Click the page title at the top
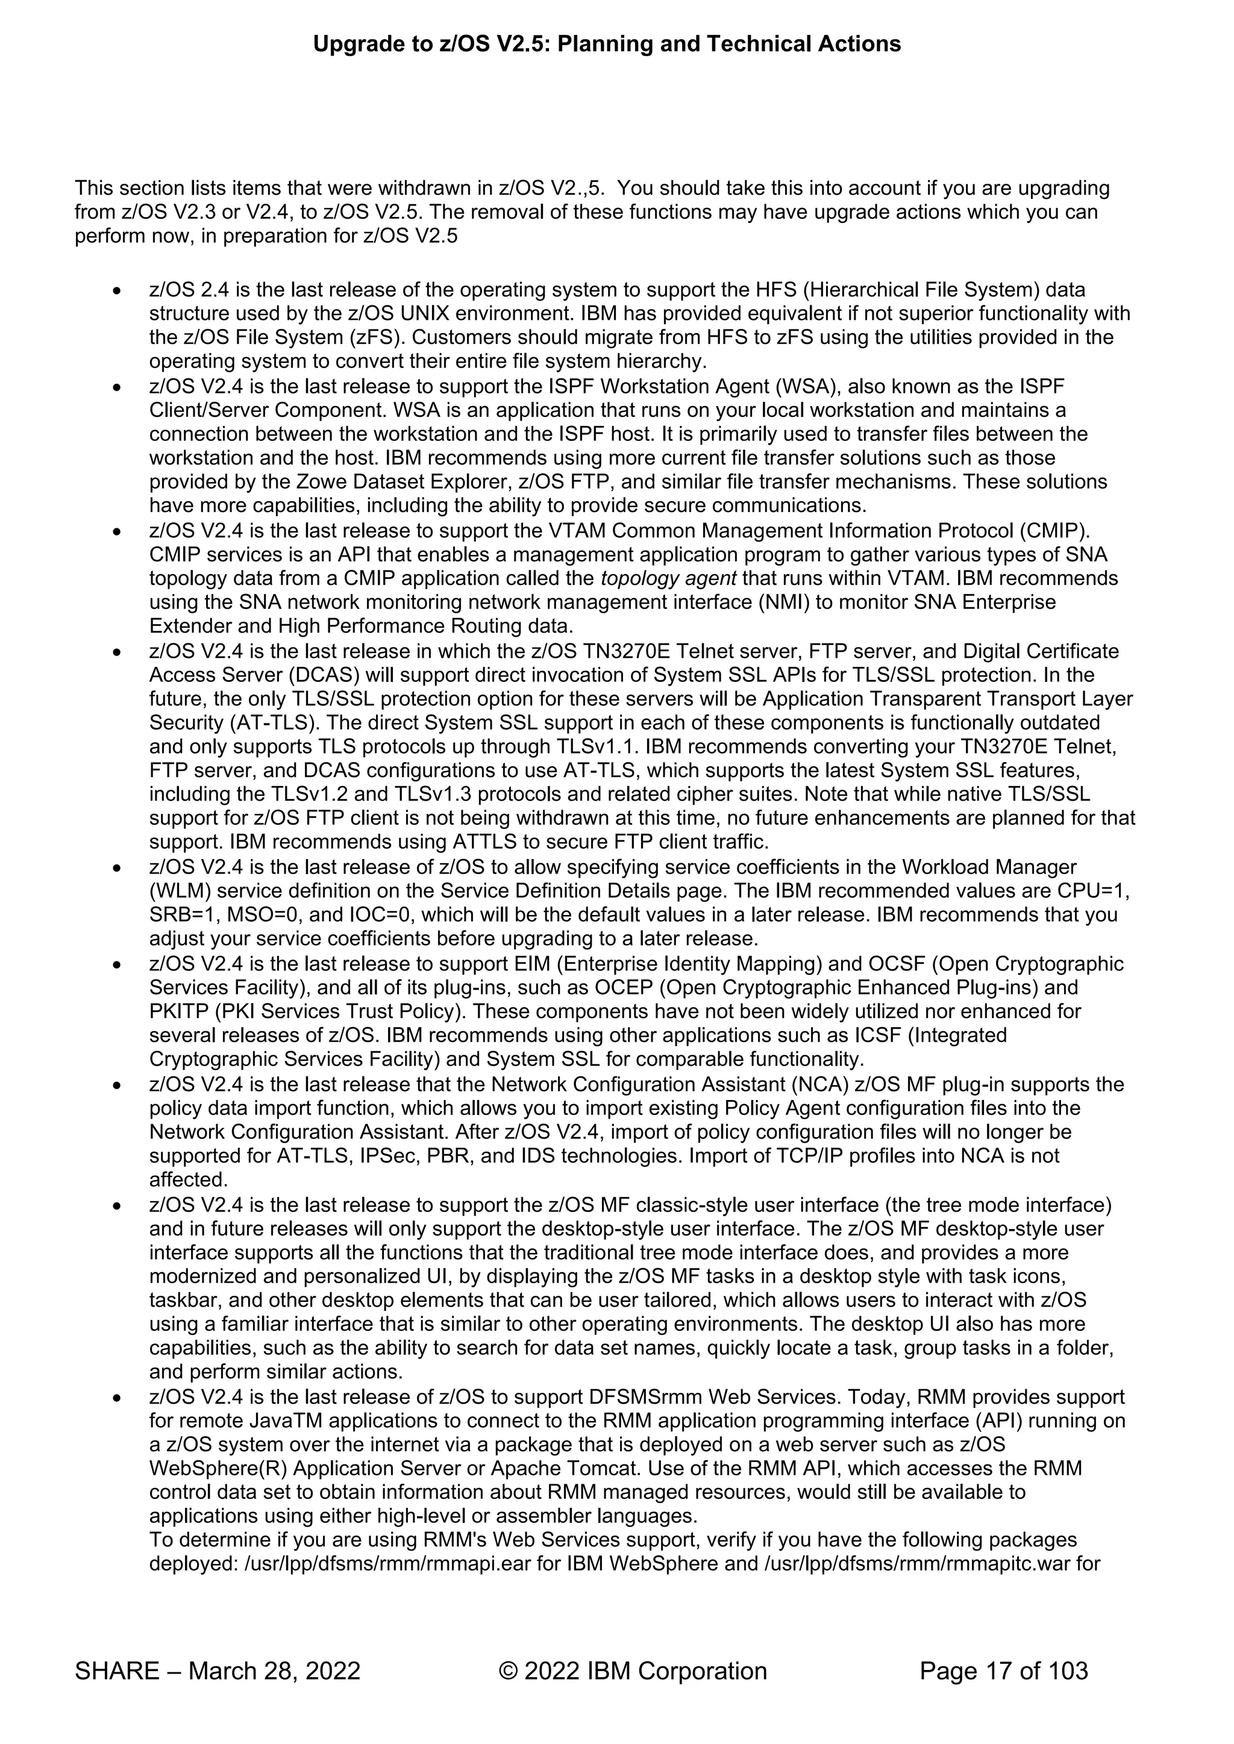point(606,44)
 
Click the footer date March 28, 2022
point(274,1671)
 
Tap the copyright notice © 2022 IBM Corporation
point(632,1671)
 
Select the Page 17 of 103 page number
point(1003,1671)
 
